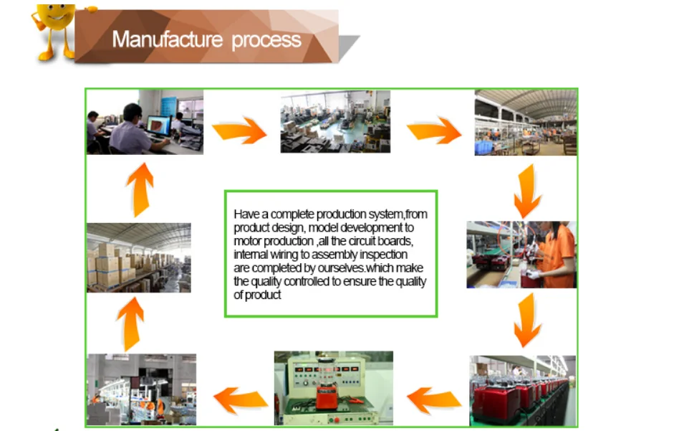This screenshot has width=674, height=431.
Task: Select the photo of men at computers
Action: pyautogui.click(x=145, y=121)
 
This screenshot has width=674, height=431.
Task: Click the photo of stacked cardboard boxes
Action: pyautogui.click(x=139, y=257)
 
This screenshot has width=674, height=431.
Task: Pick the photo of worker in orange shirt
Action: pyautogui.click(x=521, y=255)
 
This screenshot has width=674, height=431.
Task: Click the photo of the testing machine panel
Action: pyautogui.click(x=333, y=388)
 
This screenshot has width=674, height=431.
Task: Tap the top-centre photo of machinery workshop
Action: pyautogui.click(x=334, y=121)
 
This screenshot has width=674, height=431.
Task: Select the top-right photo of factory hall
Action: pyautogui.click(x=525, y=122)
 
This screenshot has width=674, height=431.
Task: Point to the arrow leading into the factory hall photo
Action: pyautogui.click(x=434, y=131)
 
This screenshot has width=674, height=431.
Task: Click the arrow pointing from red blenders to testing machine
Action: pyautogui.click(x=434, y=399)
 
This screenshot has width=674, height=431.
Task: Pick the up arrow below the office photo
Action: pyautogui.click(x=140, y=189)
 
